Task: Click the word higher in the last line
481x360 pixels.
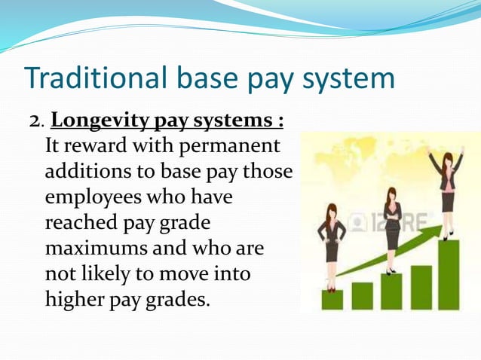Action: click(x=76, y=300)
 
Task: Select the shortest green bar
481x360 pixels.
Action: click(x=332, y=299)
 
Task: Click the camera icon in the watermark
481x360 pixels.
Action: click(x=357, y=223)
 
